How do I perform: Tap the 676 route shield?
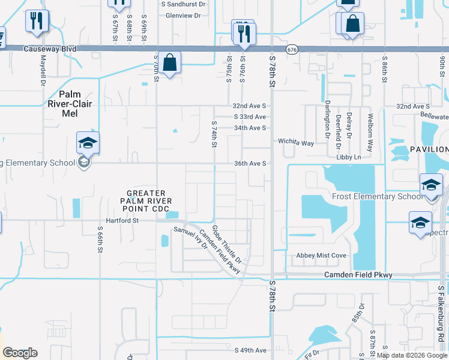(x=292, y=49)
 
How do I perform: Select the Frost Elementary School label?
(x=377, y=197)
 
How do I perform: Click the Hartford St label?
(x=123, y=220)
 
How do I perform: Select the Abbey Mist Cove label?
(x=321, y=256)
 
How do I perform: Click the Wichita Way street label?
(x=296, y=143)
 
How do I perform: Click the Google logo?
(x=19, y=352)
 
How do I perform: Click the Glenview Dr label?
(x=182, y=16)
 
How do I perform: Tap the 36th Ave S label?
(x=250, y=163)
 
